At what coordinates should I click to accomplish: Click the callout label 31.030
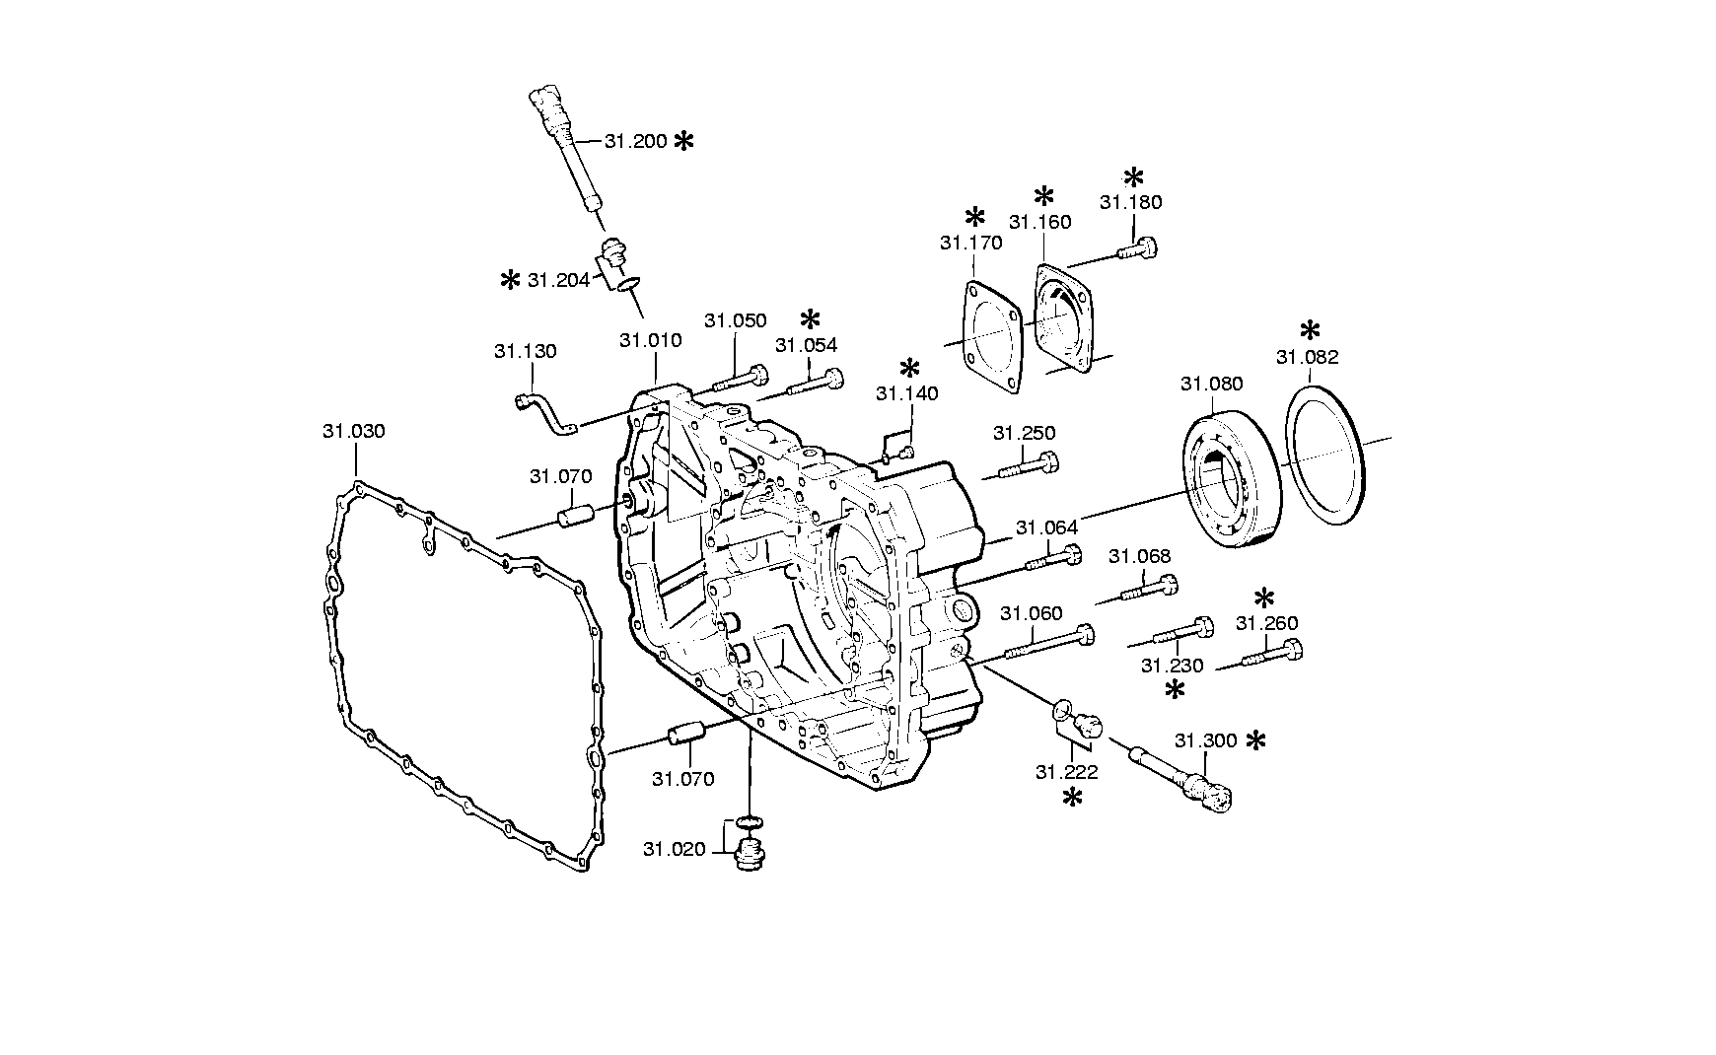(353, 431)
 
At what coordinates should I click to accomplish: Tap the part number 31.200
(636, 141)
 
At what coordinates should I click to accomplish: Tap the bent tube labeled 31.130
(543, 412)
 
